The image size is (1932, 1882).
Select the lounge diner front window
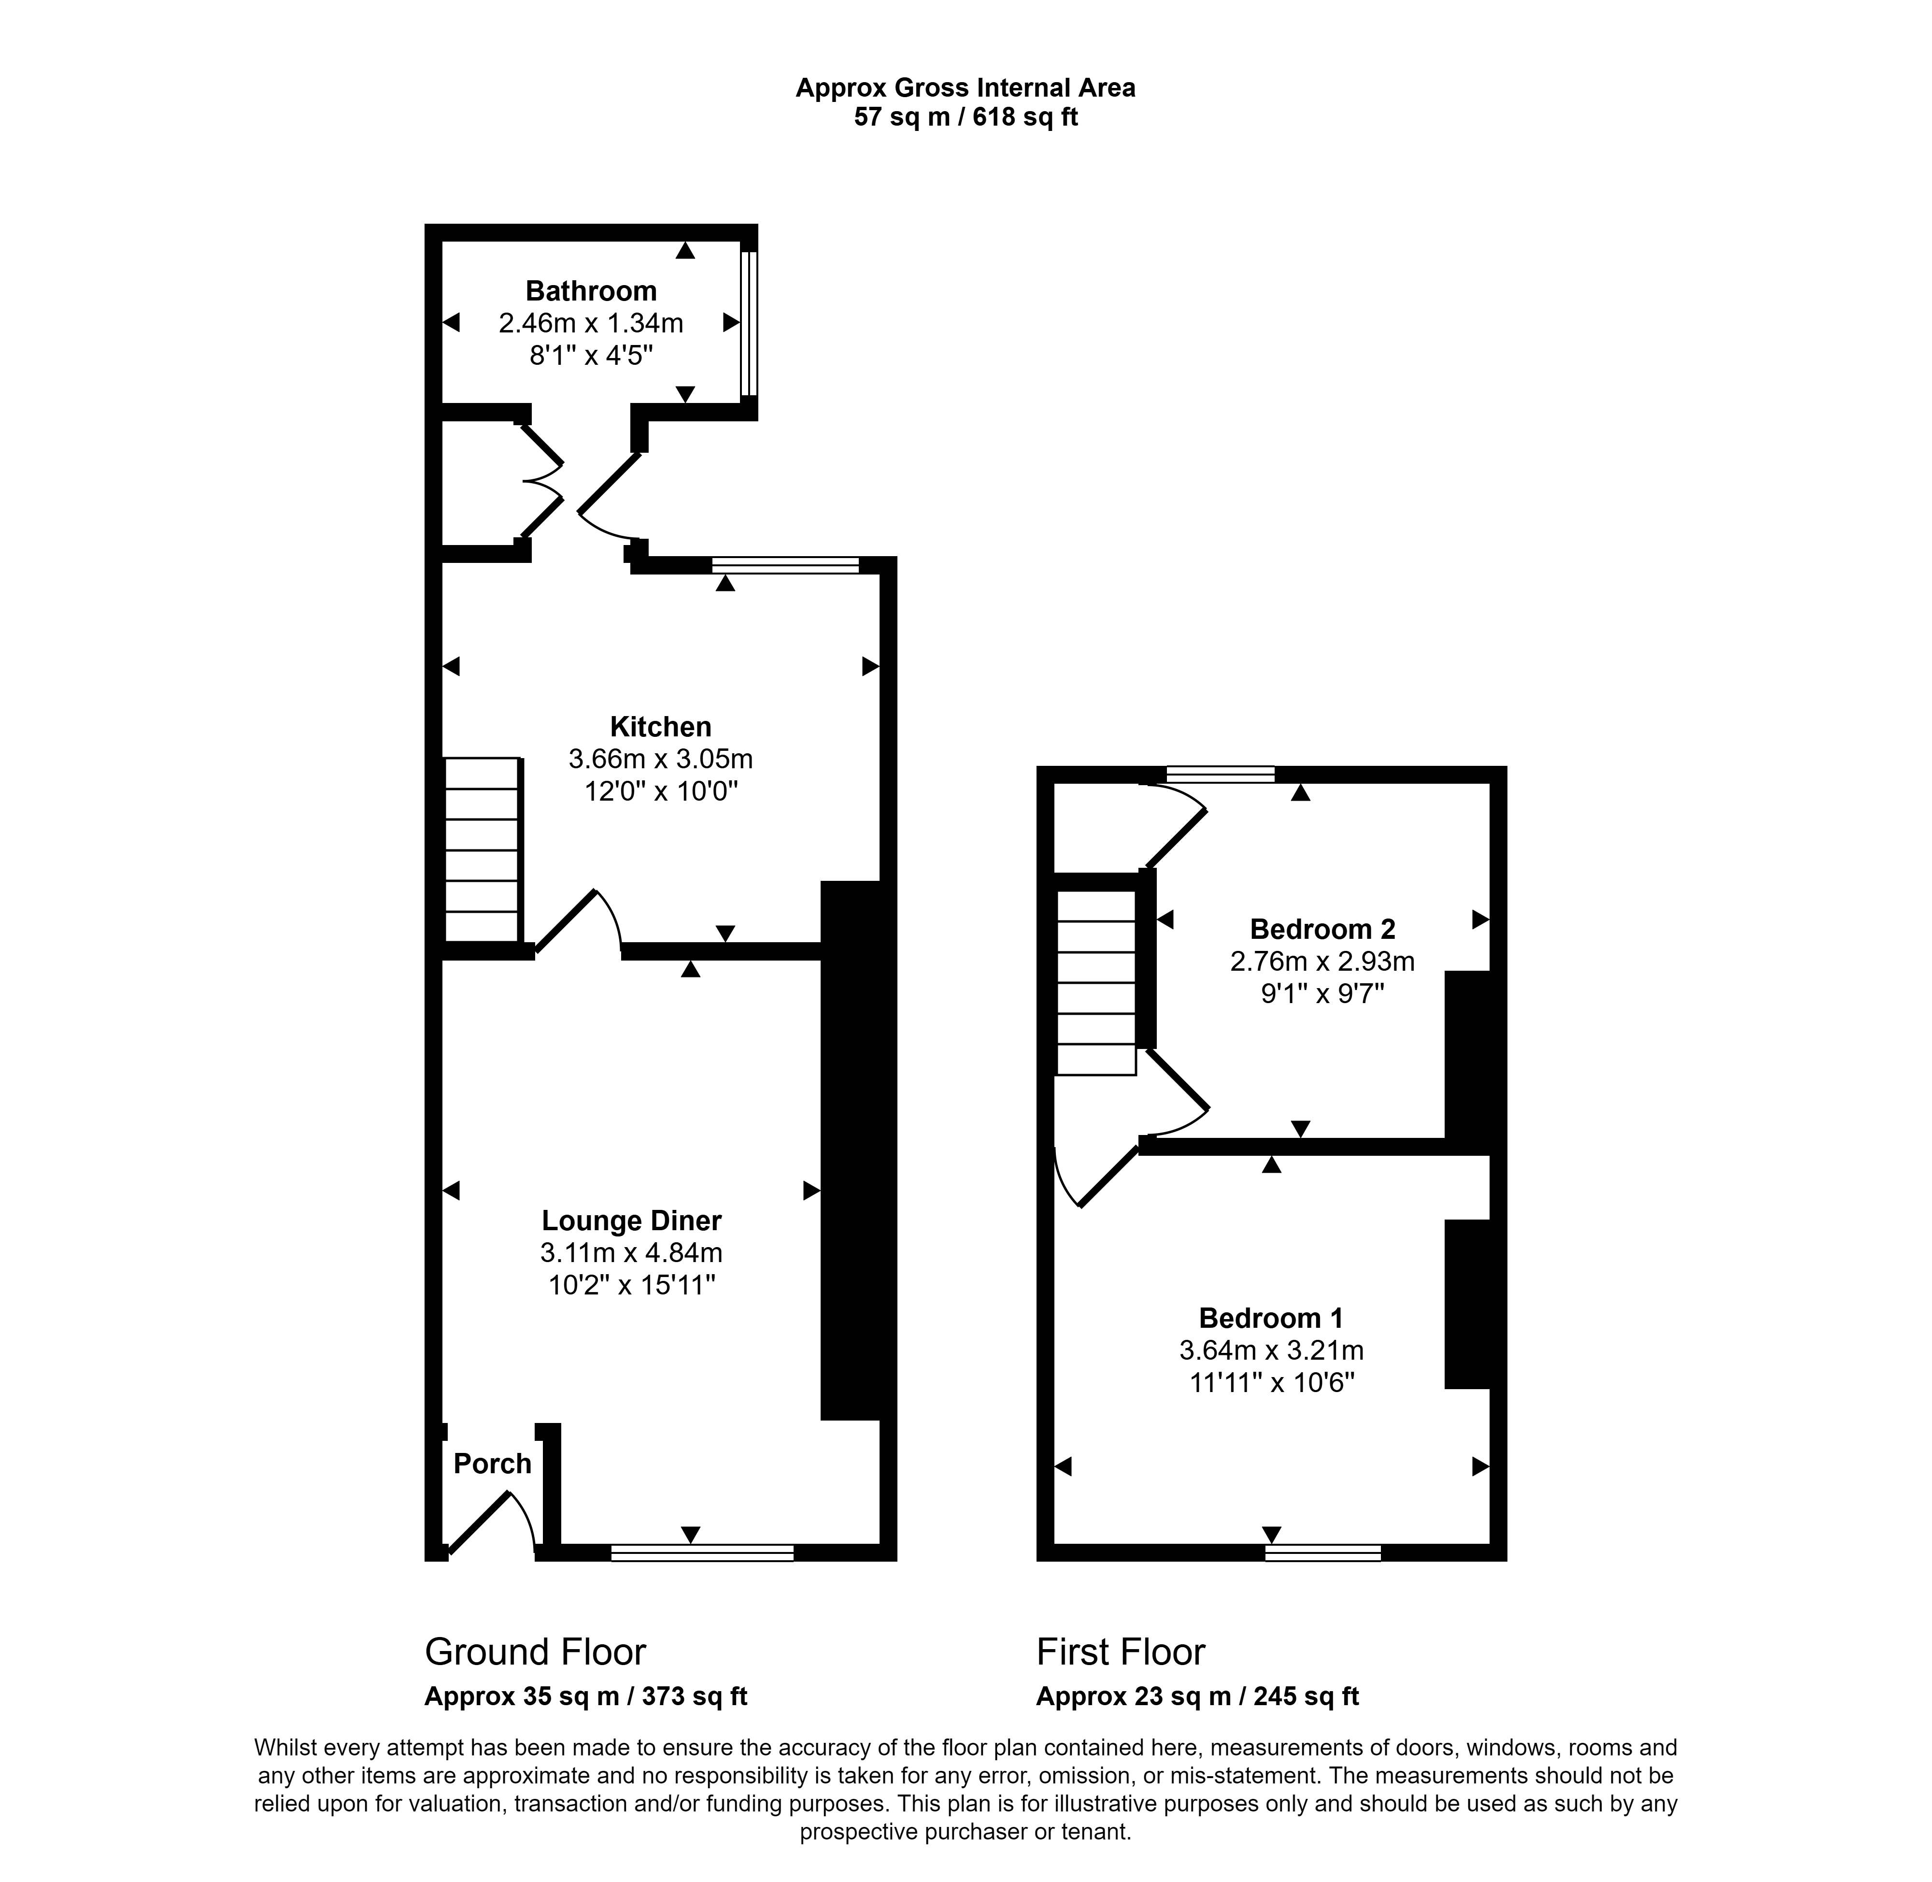(x=702, y=1553)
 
